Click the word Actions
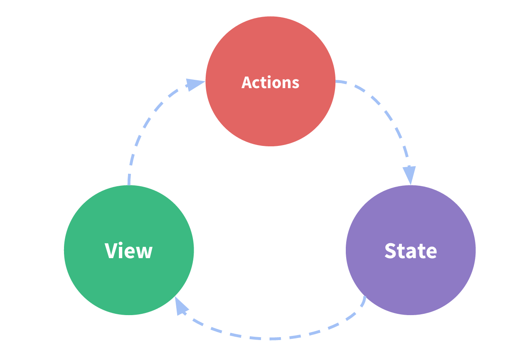(270, 82)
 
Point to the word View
(129, 251)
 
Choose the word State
(411, 250)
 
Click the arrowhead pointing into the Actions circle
(195, 84)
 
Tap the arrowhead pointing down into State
(410, 174)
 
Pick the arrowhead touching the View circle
(180, 307)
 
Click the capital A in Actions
(247, 82)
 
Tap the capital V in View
(110, 251)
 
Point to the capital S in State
(391, 250)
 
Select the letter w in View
(145, 252)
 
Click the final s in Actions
(295, 84)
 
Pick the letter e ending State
(431, 252)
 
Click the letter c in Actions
(258, 84)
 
